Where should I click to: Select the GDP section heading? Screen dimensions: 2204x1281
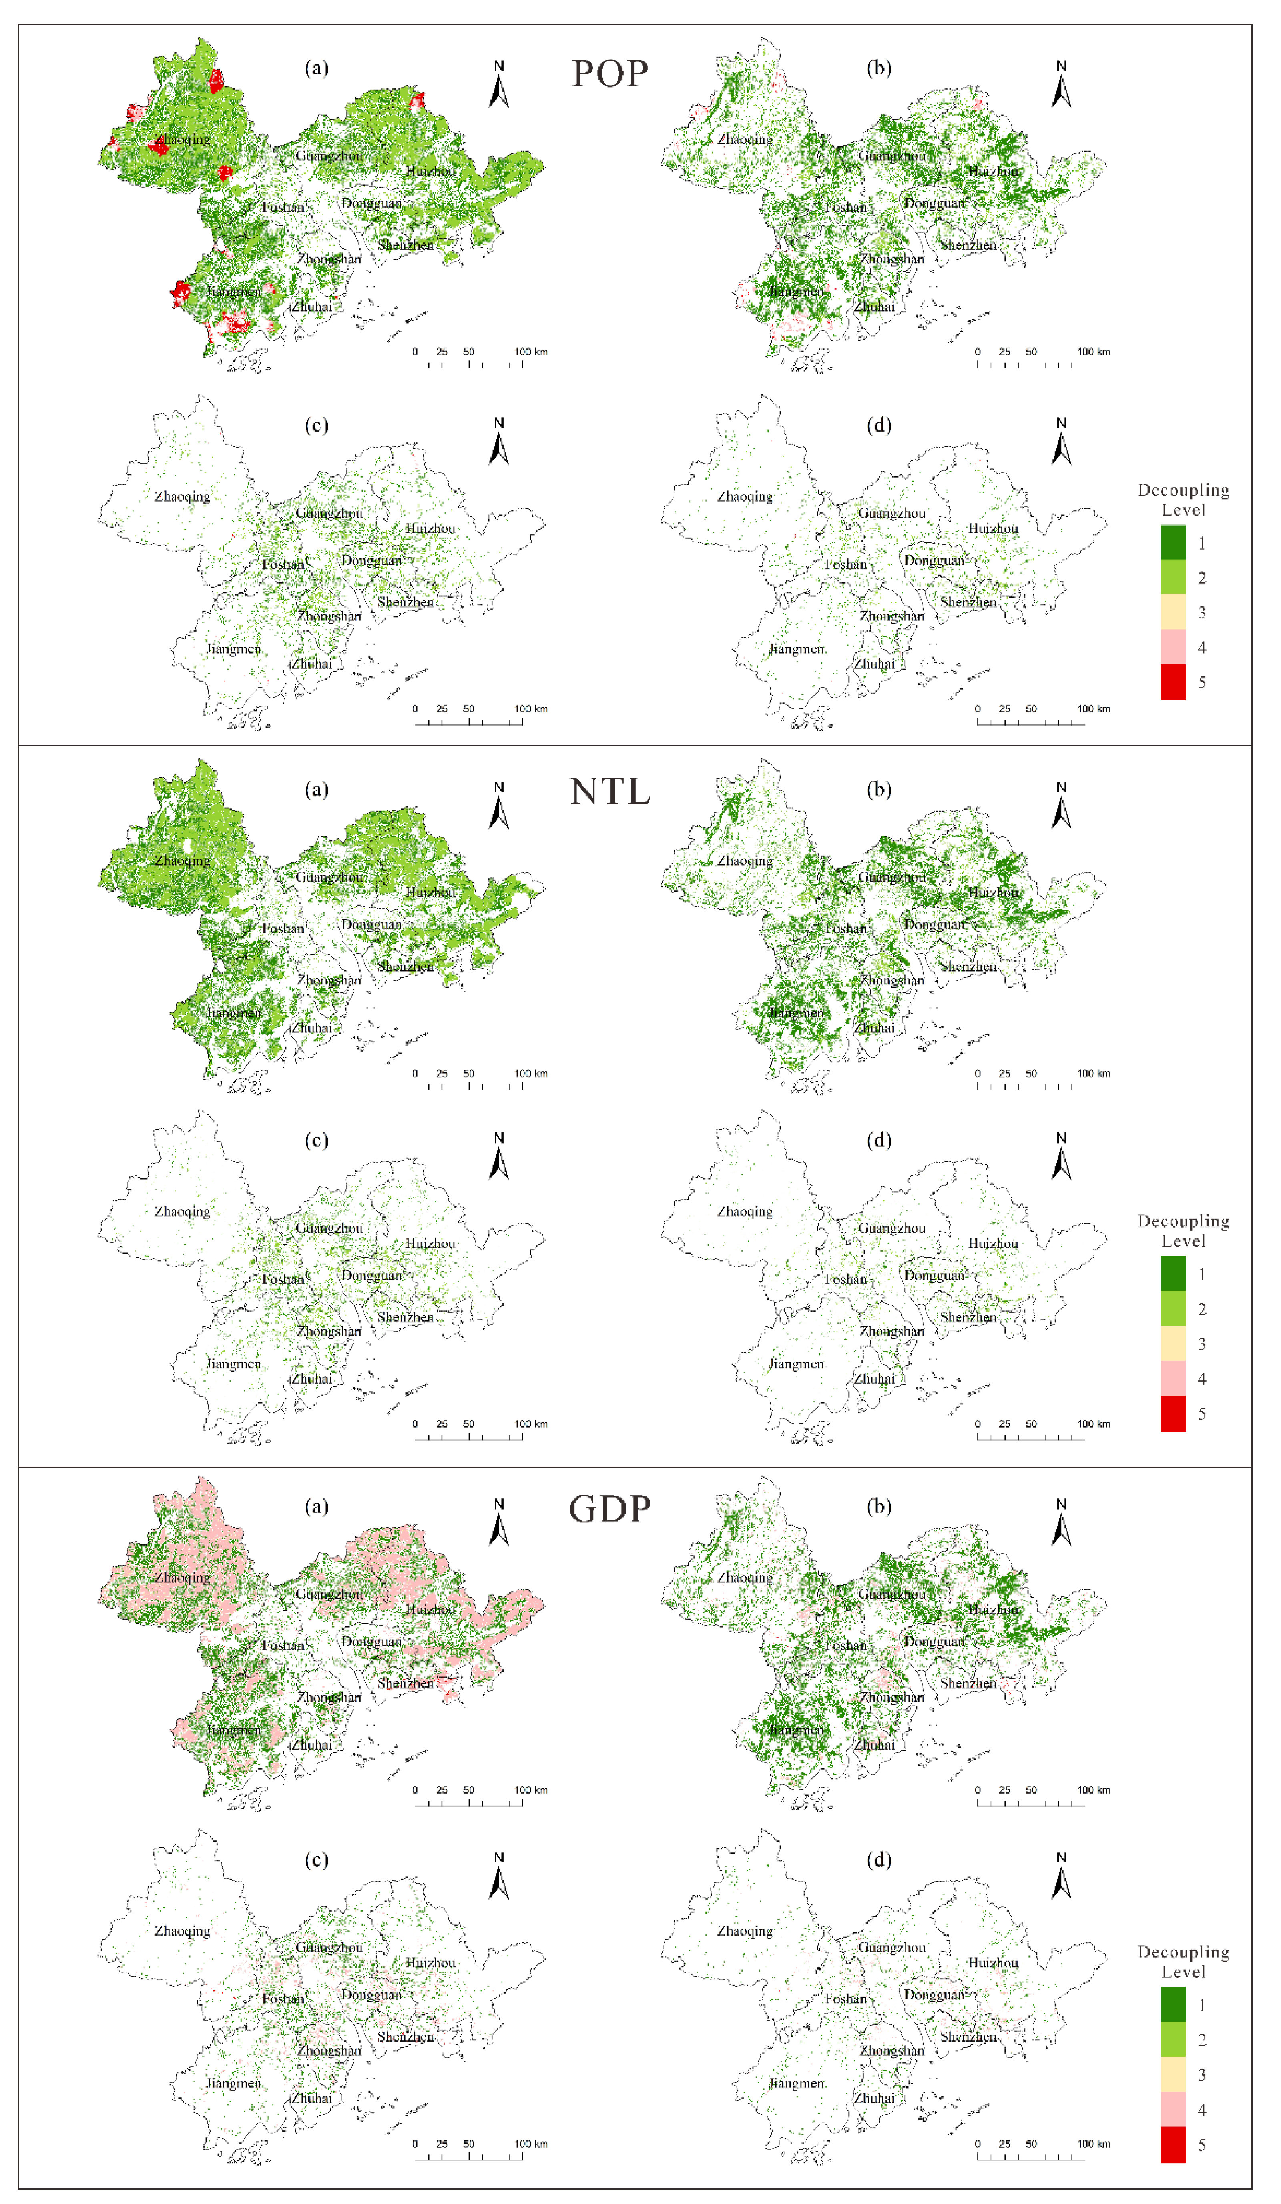click(x=610, y=1509)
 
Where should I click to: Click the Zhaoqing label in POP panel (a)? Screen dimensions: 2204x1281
click(x=182, y=140)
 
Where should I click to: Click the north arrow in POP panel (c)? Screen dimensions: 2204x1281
click(x=499, y=442)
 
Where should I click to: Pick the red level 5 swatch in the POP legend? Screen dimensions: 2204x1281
click(x=1173, y=682)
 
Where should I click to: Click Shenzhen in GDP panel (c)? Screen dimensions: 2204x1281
click(x=405, y=2037)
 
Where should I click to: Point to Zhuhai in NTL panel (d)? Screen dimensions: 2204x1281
click(x=874, y=1379)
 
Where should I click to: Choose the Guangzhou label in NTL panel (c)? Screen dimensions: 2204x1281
click(x=329, y=1228)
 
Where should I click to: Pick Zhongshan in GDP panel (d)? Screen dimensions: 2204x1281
click(x=891, y=2051)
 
